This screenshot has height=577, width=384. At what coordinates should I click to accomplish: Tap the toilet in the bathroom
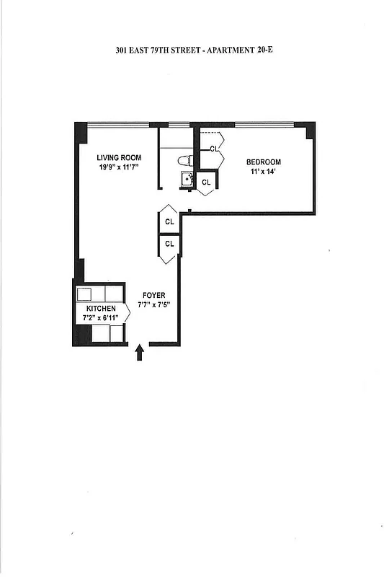pyautogui.click(x=185, y=160)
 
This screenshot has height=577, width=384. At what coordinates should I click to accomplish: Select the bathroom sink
pyautogui.click(x=186, y=179)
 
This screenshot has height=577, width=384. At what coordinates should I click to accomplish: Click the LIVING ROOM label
pyautogui.click(x=120, y=157)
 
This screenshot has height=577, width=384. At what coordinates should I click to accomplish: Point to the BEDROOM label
pyautogui.click(x=264, y=162)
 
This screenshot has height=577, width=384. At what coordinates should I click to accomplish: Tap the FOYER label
pyautogui.click(x=154, y=295)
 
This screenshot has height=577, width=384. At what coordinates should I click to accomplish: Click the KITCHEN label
pyautogui.click(x=100, y=308)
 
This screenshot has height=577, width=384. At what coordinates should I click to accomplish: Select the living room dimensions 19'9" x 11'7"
pyautogui.click(x=120, y=167)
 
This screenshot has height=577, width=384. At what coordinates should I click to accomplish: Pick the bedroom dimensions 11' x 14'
pyautogui.click(x=264, y=172)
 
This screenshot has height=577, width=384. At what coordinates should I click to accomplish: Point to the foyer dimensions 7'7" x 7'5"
pyautogui.click(x=153, y=305)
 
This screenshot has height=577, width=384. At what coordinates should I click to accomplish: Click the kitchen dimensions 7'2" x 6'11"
pyautogui.click(x=100, y=317)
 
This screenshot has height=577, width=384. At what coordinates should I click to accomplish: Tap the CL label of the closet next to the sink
pyautogui.click(x=206, y=182)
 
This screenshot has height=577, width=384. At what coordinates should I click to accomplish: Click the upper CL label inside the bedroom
pyautogui.click(x=214, y=149)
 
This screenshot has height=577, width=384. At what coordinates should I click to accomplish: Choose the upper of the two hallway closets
pyautogui.click(x=169, y=222)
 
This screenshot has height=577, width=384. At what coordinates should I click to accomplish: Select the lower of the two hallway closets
pyautogui.click(x=169, y=244)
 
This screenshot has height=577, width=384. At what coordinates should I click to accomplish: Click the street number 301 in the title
pyautogui.click(x=122, y=50)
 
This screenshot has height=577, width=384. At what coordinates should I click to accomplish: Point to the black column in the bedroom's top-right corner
pyautogui.click(x=309, y=131)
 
